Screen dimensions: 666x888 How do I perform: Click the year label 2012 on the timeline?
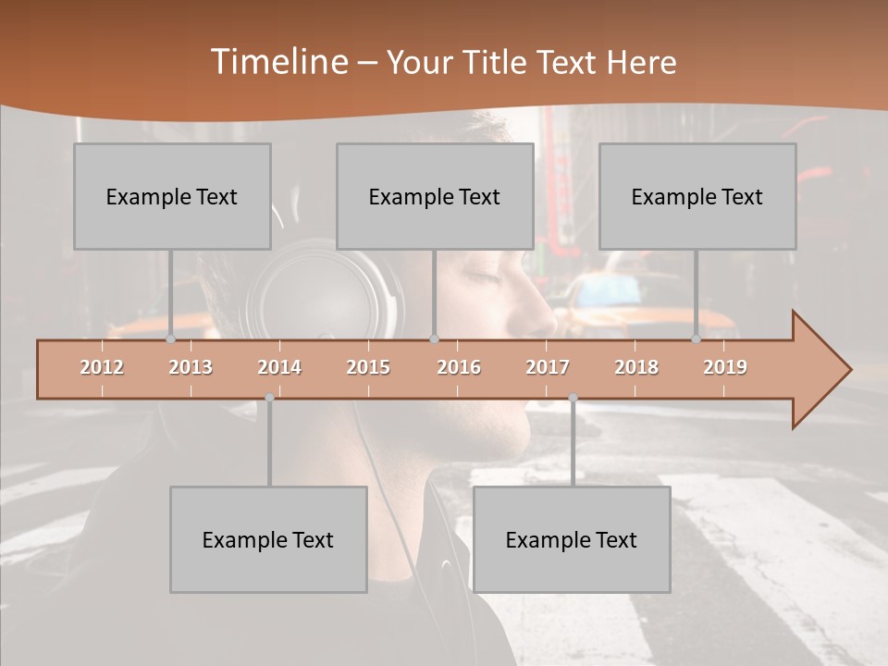click(x=102, y=367)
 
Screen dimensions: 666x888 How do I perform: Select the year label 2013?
click(x=191, y=367)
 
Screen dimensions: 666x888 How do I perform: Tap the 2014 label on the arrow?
click(x=279, y=367)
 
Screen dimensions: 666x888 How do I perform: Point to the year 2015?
click(x=368, y=367)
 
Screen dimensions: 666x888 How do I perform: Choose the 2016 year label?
click(x=459, y=367)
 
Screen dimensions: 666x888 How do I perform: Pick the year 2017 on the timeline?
click(x=548, y=367)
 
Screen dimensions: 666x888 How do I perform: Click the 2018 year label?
click(x=636, y=367)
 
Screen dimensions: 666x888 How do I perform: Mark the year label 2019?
click(x=725, y=367)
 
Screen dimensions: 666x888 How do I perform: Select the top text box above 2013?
click(x=172, y=196)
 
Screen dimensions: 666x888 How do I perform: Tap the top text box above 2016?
click(x=435, y=196)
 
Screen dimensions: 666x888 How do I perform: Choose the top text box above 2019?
click(x=697, y=196)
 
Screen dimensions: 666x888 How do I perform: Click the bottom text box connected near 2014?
click(x=268, y=539)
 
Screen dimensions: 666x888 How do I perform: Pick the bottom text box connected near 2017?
click(x=572, y=539)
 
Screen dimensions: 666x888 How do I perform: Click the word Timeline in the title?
click(x=277, y=62)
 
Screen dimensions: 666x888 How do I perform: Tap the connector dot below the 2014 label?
click(x=269, y=398)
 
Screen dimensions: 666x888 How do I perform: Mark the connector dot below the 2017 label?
click(x=573, y=398)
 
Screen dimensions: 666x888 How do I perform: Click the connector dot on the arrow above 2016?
click(x=435, y=339)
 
